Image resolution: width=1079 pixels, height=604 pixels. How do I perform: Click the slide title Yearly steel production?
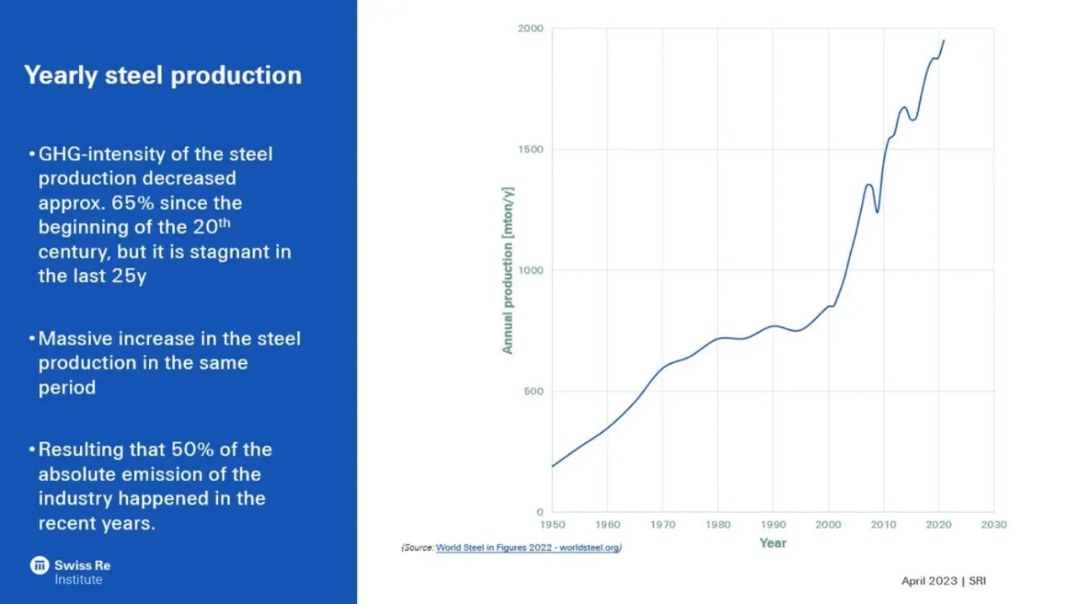[163, 75]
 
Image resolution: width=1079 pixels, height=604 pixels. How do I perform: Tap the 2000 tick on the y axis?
[530, 29]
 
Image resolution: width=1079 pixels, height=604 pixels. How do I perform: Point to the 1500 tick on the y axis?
[530, 150]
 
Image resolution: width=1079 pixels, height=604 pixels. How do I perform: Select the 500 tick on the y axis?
[533, 391]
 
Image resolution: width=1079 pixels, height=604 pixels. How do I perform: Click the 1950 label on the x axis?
[552, 525]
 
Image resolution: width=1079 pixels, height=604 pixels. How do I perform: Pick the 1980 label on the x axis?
[718, 525]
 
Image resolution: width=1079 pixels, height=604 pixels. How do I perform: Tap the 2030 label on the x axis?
[993, 525]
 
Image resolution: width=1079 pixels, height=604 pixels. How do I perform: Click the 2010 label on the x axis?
[883, 525]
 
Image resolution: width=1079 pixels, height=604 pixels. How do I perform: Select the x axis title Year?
[773, 543]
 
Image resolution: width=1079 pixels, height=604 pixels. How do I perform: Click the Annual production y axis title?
[508, 270]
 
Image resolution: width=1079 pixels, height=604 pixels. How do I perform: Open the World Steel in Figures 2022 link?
[527, 548]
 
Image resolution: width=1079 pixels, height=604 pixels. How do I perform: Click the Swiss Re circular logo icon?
[40, 565]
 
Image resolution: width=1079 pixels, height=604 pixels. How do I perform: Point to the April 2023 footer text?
[929, 581]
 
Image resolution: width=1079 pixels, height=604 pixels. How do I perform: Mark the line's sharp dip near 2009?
[877, 211]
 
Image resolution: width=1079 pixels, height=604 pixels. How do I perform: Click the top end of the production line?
[944, 41]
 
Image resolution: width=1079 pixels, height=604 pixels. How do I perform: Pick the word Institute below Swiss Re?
[78, 580]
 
